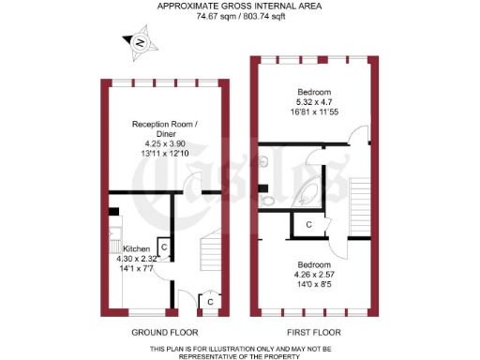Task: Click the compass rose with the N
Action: pyautogui.click(x=139, y=42)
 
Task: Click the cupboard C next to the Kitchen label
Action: pyautogui.click(x=163, y=247)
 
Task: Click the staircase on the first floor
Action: pyautogui.click(x=360, y=206)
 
